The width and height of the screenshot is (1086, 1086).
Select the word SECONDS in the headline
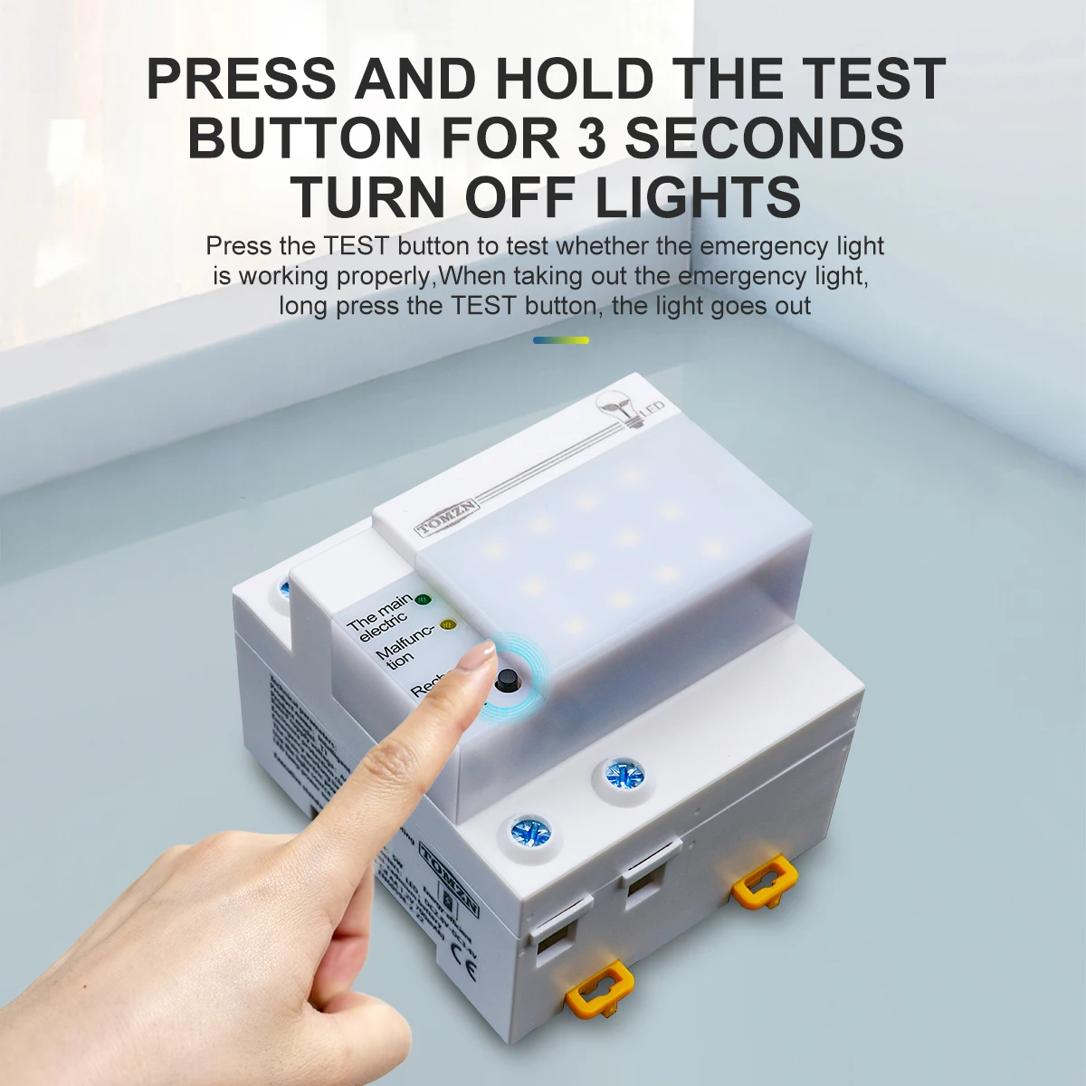tap(765, 138)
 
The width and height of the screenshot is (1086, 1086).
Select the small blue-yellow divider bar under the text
tap(561, 340)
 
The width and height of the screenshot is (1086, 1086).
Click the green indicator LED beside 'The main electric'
tap(423, 599)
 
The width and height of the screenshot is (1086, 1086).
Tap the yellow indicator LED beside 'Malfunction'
tap(446, 624)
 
